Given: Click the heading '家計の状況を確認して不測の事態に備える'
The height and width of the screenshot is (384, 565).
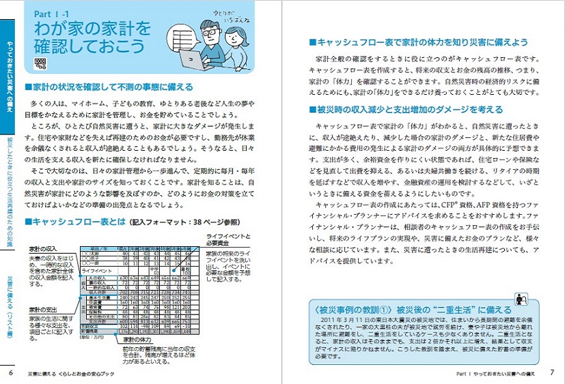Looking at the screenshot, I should pos(108,87).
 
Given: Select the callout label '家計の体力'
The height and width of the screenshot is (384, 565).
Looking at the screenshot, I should pos(143,340).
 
